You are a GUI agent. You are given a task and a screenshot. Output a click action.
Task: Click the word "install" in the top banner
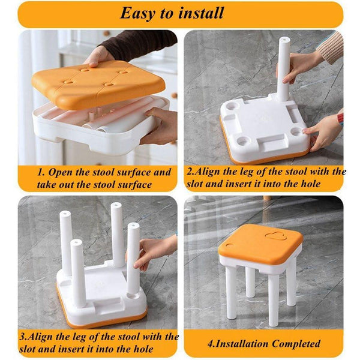point(201,13)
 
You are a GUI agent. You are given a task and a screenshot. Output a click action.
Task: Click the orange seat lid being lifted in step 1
point(99,84)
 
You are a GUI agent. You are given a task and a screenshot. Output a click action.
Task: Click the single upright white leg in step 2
point(284,70)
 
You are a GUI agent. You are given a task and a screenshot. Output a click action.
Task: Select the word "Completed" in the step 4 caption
point(296,344)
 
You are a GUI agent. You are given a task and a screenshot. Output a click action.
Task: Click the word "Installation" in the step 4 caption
point(242,344)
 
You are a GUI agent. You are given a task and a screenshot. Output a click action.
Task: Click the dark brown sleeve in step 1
point(138,44)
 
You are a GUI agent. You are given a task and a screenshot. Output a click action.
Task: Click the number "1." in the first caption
point(41,172)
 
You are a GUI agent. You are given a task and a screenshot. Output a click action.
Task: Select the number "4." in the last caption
point(211,344)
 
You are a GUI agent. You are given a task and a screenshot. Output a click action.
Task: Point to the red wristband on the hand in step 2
point(340,118)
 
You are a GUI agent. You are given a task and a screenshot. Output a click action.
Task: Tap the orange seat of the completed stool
point(260,244)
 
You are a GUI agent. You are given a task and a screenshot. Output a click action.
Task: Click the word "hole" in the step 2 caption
point(310,184)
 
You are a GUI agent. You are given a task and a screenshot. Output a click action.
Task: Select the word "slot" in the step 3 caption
point(27,349)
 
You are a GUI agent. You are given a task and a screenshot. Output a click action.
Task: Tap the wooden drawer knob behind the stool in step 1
point(174,95)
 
